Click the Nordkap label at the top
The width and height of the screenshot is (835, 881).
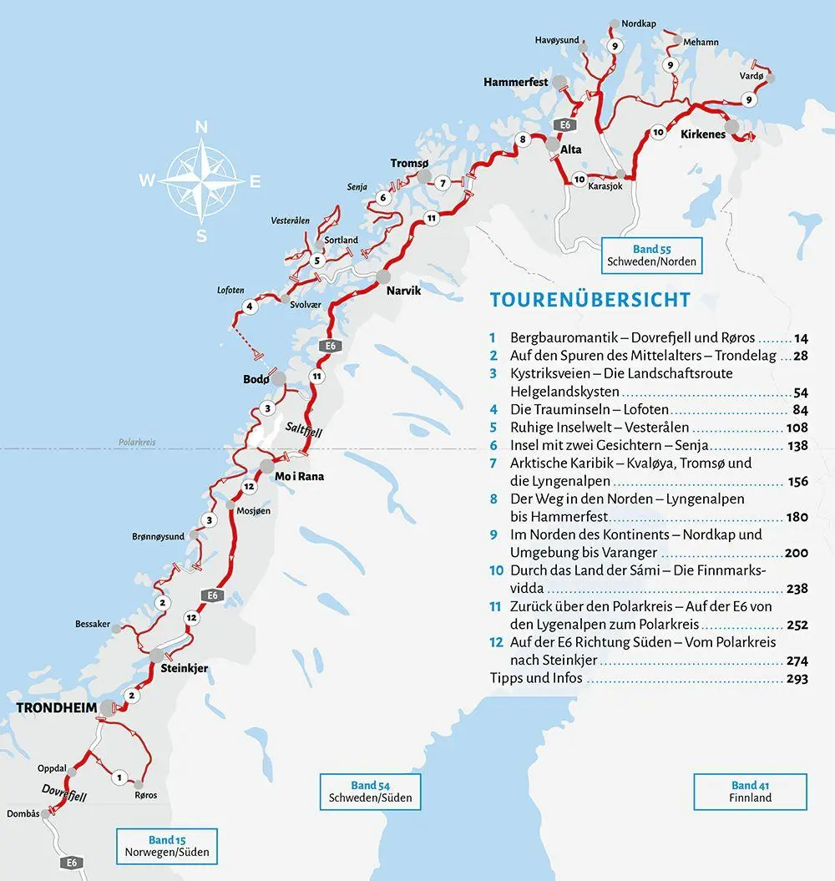coord(639,23)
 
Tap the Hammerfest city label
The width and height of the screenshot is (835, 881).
coord(515,83)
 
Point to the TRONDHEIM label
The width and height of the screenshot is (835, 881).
coord(56,708)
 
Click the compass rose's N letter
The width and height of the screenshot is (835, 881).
coord(200,127)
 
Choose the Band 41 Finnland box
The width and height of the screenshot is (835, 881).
coord(750,791)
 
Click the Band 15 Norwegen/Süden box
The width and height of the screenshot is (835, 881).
coord(167,846)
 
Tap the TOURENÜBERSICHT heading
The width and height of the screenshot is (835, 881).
coord(590,300)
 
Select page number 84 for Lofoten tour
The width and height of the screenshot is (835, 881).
coord(799,409)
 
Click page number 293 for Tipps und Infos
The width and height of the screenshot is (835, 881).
coord(797,679)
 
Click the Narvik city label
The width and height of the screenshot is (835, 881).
coord(403,291)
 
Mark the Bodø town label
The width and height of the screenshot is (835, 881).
coord(256,379)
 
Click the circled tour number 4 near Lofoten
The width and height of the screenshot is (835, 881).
coord(249,307)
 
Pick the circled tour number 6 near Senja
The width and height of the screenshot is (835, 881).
coord(382,198)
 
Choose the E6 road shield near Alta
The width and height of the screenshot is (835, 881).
coord(565,125)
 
